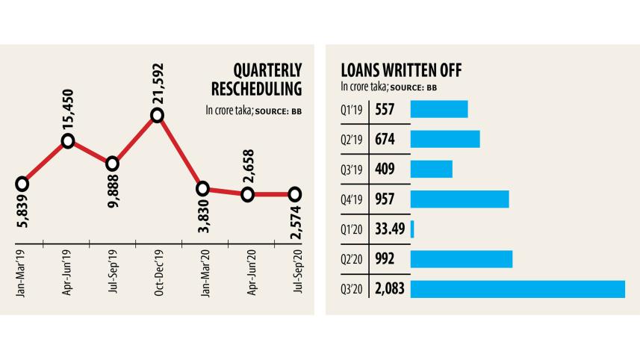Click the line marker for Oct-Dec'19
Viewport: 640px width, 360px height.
[157, 115]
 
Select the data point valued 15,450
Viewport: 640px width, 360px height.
[68, 140]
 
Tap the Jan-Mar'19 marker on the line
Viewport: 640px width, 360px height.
[22, 183]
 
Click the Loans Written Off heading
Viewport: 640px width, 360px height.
[400, 71]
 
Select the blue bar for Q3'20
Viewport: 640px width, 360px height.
[518, 289]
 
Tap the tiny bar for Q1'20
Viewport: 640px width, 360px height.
[412, 229]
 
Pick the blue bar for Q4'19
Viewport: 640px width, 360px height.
[459, 199]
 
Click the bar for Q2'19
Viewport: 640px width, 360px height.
[445, 140]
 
